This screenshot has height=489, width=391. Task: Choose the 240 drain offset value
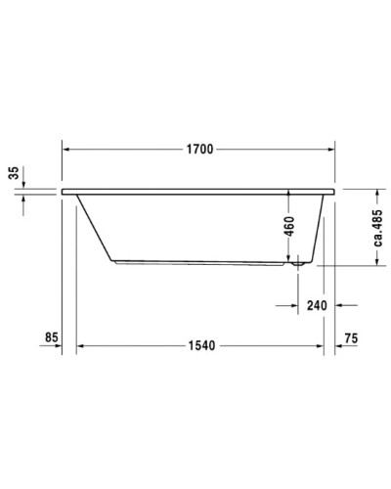point(316,305)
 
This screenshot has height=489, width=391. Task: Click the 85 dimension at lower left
point(53,337)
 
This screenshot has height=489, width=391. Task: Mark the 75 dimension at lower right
point(353,337)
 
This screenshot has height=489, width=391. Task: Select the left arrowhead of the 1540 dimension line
point(83,346)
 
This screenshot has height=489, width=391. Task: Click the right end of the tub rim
point(334,190)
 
